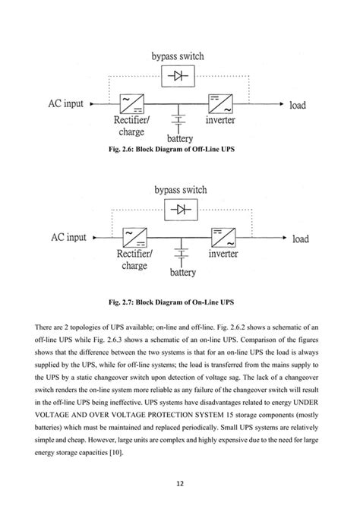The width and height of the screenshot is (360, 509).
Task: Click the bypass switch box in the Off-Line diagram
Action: click(x=180, y=76)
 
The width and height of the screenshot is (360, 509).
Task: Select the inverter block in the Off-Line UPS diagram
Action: click(x=220, y=103)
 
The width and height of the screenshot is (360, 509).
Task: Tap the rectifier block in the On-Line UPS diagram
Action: click(x=133, y=237)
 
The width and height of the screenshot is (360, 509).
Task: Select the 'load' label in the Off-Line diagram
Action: click(x=298, y=105)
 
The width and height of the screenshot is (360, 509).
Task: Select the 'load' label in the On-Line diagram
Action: click(x=301, y=239)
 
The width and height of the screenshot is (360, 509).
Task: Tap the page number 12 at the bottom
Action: click(x=180, y=483)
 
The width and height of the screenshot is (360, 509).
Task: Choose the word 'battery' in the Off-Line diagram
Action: click(x=180, y=138)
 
